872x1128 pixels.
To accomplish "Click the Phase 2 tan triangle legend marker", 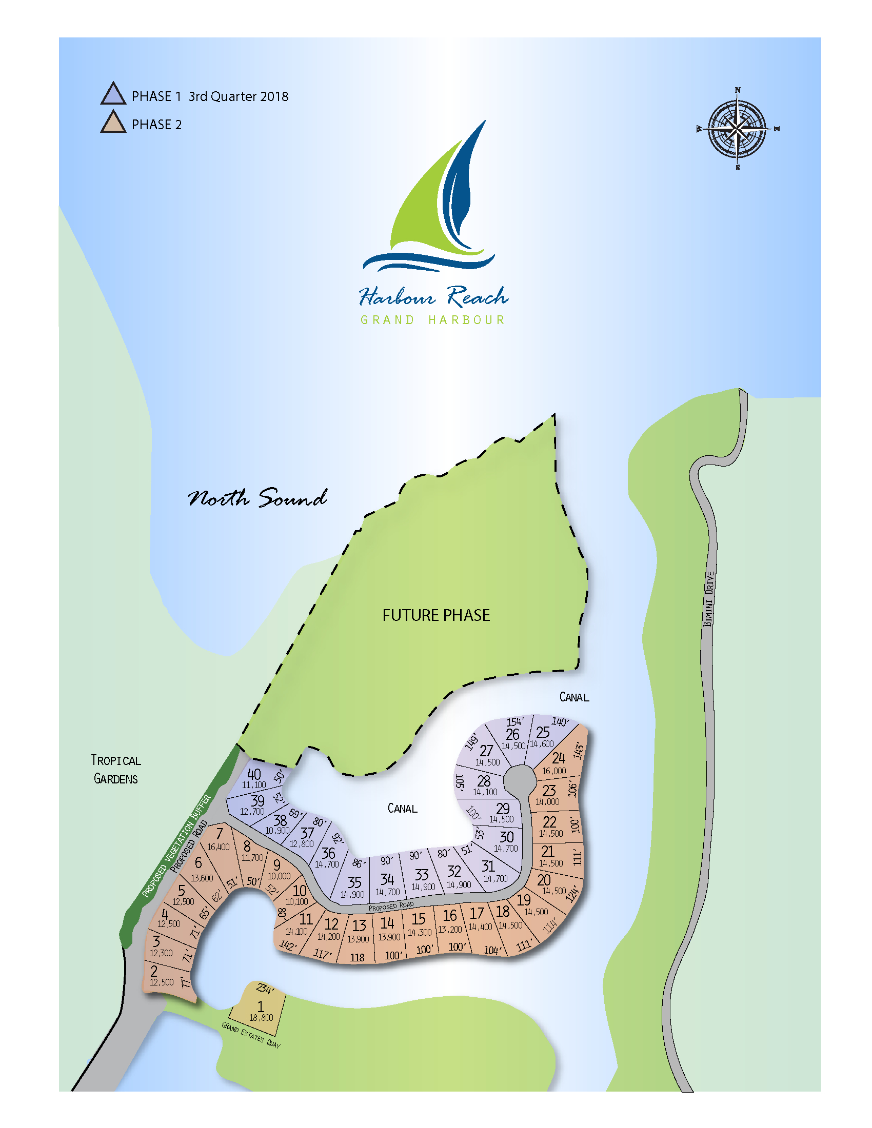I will pyautogui.click(x=113, y=124).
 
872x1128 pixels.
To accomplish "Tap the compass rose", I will pyautogui.click(x=737, y=129).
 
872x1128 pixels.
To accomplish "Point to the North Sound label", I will pyautogui.click(x=257, y=498).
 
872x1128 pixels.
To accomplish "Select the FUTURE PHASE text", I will pyautogui.click(x=436, y=615).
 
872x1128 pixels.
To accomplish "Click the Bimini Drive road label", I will pyautogui.click(x=709, y=598).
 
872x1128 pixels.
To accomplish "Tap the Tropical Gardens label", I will pyautogui.click(x=116, y=769).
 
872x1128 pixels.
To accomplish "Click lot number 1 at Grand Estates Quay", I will pyautogui.click(x=261, y=1006).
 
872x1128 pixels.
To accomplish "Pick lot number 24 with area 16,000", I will pyautogui.click(x=559, y=758).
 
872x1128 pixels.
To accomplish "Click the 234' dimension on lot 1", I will pyautogui.click(x=264, y=989).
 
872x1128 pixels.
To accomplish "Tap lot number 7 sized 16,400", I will pyautogui.click(x=220, y=834).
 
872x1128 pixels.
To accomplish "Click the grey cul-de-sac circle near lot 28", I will pyautogui.click(x=519, y=779).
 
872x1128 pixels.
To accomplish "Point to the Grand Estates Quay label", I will pyautogui.click(x=251, y=1035).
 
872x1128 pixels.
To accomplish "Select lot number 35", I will pyautogui.click(x=354, y=882).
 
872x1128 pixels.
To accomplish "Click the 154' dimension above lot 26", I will pyautogui.click(x=514, y=721).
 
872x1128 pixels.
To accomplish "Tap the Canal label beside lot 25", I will pyautogui.click(x=574, y=697).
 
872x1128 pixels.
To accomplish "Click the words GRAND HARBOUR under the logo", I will pyautogui.click(x=432, y=320).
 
